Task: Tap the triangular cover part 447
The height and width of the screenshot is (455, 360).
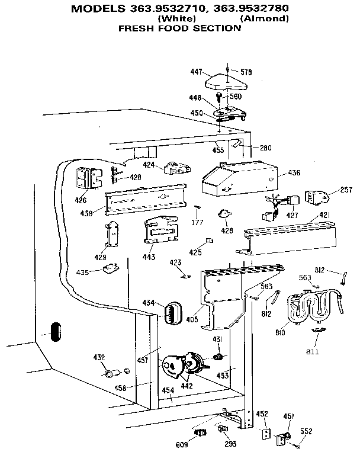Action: [x=226, y=79]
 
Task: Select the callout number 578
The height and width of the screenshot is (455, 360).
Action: [x=246, y=72]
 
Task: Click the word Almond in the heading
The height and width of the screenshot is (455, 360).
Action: [x=265, y=19]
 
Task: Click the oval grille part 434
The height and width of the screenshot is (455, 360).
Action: [x=171, y=312]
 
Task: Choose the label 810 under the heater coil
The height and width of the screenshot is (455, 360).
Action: [x=280, y=332]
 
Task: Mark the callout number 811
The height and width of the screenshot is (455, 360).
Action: [x=312, y=351]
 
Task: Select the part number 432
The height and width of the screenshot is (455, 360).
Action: [x=98, y=357]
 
